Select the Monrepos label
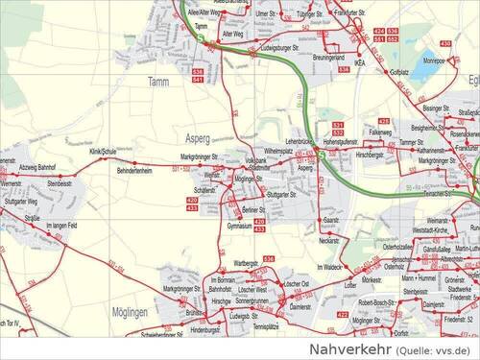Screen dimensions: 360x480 point(434,60)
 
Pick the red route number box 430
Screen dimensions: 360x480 point(444,43)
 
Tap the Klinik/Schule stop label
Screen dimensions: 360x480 point(102,152)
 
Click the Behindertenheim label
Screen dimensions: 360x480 point(134,171)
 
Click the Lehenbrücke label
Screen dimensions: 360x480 point(302,142)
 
